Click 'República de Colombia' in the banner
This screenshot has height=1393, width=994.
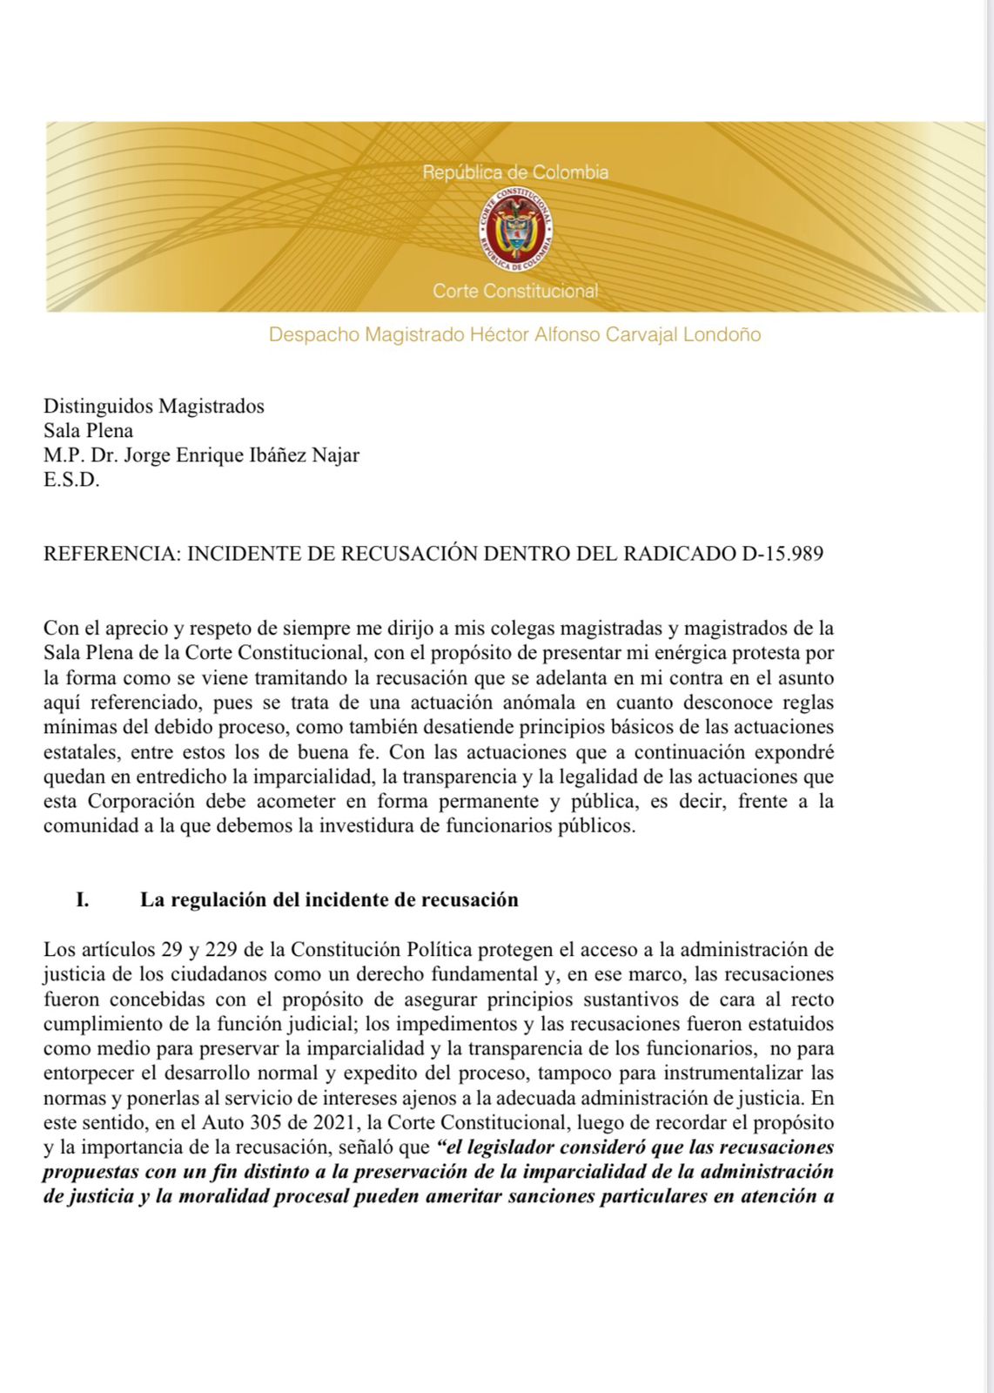pyautogui.click(x=515, y=172)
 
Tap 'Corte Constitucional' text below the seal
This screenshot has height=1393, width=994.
pyautogui.click(x=515, y=291)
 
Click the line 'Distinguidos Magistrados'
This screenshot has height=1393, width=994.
pyautogui.click(x=154, y=406)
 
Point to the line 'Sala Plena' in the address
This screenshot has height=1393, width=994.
pyautogui.click(x=89, y=430)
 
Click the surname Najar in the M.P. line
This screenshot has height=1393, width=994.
pyautogui.click(x=331, y=454)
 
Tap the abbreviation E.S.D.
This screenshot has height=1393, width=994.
pyautogui.click(x=71, y=480)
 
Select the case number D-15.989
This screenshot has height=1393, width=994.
pyautogui.click(x=782, y=554)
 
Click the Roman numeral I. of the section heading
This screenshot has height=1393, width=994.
pyautogui.click(x=83, y=899)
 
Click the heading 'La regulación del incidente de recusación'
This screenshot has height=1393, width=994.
pyautogui.click(x=329, y=899)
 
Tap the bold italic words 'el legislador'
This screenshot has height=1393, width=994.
pyautogui.click(x=497, y=1147)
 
